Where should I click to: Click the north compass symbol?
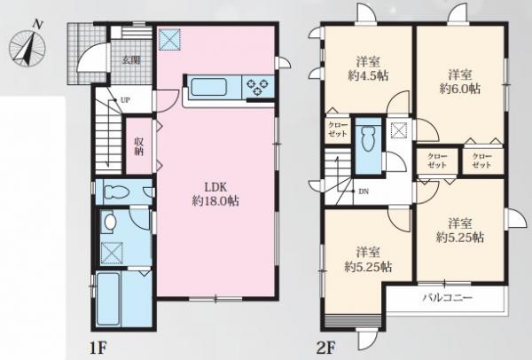coord(27,44)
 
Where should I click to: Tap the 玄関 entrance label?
coord(131,60)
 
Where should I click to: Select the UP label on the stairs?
coord(125,100)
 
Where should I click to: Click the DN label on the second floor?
coord(364,192)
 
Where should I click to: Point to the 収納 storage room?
coord(139,146)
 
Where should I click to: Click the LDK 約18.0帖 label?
coord(215,193)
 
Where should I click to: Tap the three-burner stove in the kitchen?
coord(257,86)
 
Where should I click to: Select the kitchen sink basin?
coord(209,87)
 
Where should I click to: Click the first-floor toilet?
coord(117,192)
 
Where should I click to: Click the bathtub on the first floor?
coord(108,299)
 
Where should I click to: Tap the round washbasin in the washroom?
coord(110,223)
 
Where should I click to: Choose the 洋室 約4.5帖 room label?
coord(368,68)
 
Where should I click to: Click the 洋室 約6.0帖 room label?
coord(460,82)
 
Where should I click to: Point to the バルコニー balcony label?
coord(447,298)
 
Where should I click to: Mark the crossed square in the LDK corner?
coord(169,39)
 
